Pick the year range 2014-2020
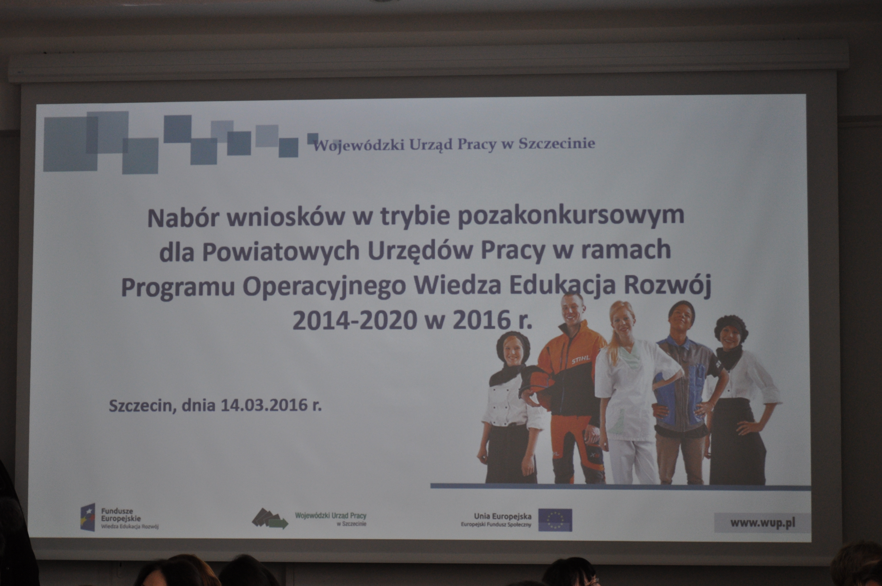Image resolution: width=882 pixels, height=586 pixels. click(355, 320)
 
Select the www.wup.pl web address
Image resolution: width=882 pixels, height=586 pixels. click(762, 522)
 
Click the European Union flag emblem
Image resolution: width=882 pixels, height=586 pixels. click(555, 520)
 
